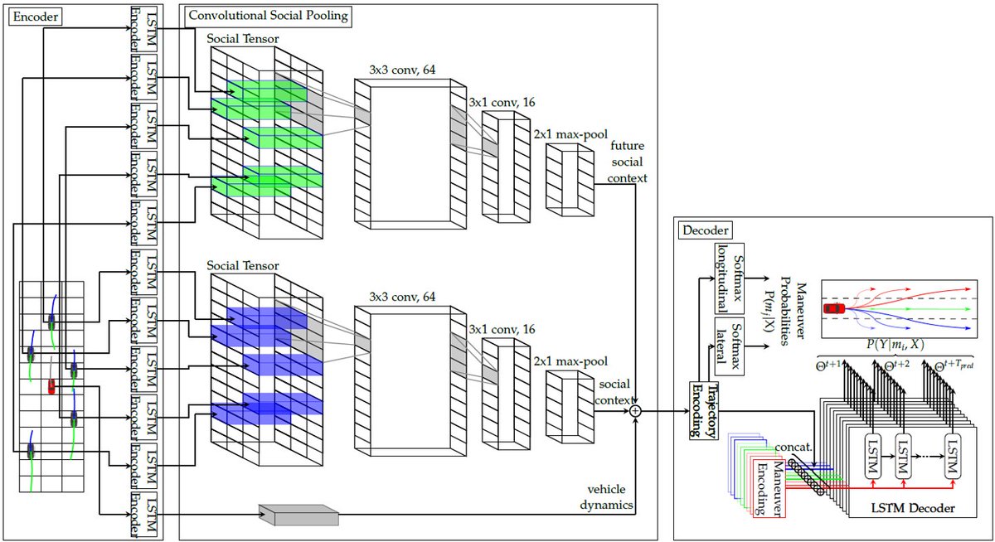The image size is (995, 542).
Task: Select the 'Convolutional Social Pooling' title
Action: pyautogui.click(x=269, y=15)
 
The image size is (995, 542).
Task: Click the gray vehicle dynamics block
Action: pyautogui.click(x=298, y=514)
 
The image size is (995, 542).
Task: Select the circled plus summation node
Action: pyautogui.click(x=636, y=410)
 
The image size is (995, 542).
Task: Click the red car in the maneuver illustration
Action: pyautogui.click(x=833, y=309)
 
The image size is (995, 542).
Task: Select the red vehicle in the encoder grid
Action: pyautogui.click(x=51, y=386)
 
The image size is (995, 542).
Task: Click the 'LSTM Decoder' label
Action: pyautogui.click(x=910, y=506)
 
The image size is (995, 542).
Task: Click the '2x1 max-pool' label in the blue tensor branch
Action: pyautogui.click(x=570, y=361)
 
